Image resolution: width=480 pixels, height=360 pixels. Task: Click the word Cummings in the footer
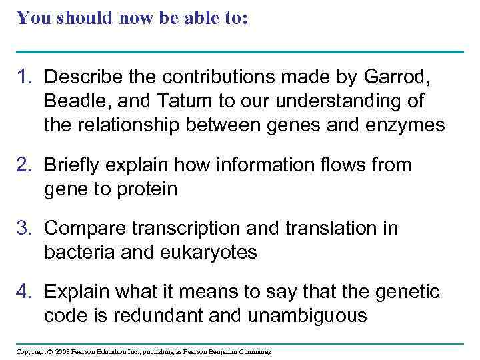(253, 351)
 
